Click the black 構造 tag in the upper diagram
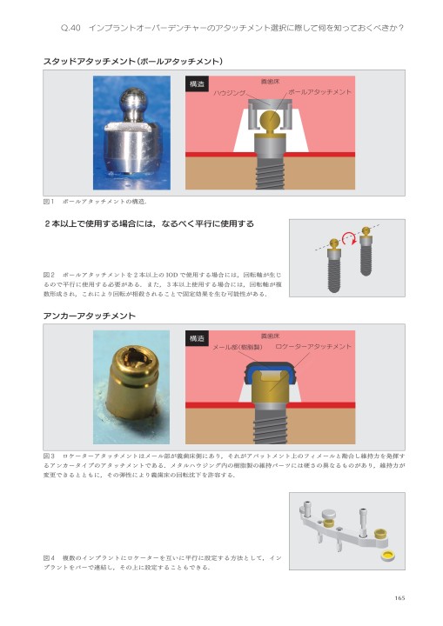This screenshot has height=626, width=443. pos(196,84)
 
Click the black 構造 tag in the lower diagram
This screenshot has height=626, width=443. pos(196,338)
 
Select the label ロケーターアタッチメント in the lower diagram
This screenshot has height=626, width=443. pos(313,347)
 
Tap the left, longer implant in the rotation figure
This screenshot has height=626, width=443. pos(333,270)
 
